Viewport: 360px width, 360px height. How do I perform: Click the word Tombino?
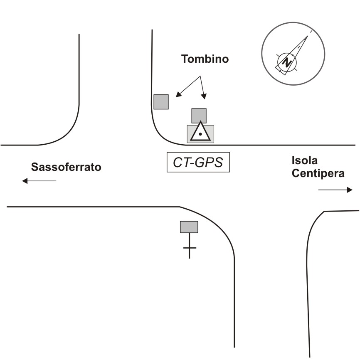[x=205, y=59]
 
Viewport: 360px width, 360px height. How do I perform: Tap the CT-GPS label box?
[x=198, y=163]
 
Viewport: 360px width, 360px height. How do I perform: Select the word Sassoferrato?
[x=67, y=168]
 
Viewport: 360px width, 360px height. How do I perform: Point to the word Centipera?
[x=318, y=173]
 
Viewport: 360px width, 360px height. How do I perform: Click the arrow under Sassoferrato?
[x=39, y=181]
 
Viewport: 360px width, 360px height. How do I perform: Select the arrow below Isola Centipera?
[x=335, y=190]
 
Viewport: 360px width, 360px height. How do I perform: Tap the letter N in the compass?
[x=287, y=62]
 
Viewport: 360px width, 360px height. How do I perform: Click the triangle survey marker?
[x=200, y=132]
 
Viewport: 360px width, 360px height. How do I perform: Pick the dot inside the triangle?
[x=200, y=134]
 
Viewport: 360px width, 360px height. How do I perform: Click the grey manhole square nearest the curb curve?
[x=161, y=102]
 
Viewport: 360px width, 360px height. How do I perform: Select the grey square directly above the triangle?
[x=199, y=116]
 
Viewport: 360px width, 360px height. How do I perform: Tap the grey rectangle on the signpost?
[x=189, y=227]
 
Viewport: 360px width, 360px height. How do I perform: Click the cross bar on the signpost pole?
[x=190, y=248]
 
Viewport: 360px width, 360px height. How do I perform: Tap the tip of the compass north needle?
[x=308, y=36]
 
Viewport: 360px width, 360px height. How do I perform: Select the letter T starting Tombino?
[x=184, y=59]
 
